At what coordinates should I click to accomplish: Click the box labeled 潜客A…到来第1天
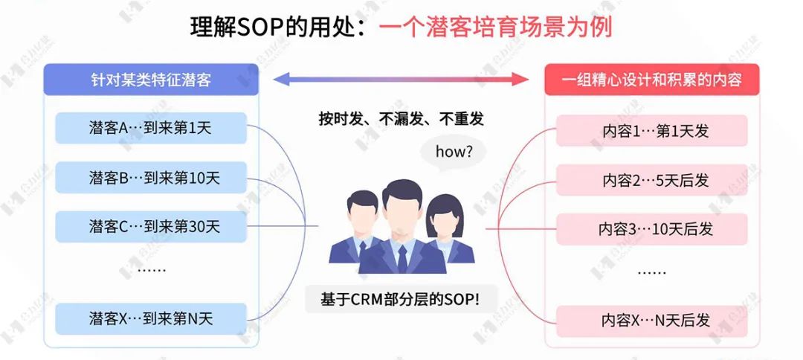pyautogui.click(x=150, y=128)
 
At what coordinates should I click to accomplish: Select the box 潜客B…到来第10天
pyautogui.click(x=150, y=178)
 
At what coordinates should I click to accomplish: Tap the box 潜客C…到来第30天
pyautogui.click(x=150, y=226)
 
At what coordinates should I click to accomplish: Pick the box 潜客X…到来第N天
pyautogui.click(x=150, y=319)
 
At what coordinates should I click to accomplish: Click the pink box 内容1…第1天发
pyautogui.click(x=651, y=132)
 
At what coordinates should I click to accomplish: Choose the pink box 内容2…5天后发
pyautogui.click(x=651, y=180)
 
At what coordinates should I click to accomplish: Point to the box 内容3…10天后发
pyautogui.click(x=651, y=229)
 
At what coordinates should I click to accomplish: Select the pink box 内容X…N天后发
pyautogui.click(x=651, y=321)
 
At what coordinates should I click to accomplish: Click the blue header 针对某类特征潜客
pyautogui.click(x=151, y=80)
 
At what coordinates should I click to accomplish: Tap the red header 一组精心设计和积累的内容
pyautogui.click(x=651, y=80)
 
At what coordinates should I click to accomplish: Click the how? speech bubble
pyautogui.click(x=452, y=152)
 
